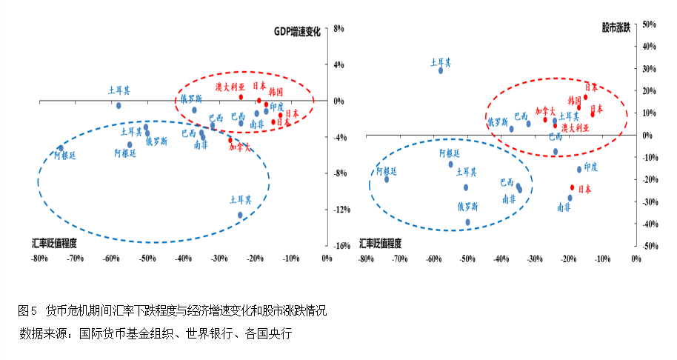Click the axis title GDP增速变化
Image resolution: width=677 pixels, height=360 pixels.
pyautogui.click(x=297, y=32)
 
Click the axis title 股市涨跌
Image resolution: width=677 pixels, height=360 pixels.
pyautogui.click(x=616, y=28)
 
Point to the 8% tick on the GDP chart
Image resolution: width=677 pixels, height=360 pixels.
pyautogui.click(x=340, y=29)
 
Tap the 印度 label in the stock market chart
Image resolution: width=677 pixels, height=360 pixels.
pyautogui.click(x=590, y=167)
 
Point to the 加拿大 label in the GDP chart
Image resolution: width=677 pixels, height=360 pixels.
pyautogui.click(x=241, y=147)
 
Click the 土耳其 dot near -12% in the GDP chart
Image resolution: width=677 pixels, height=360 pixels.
pyautogui.click(x=240, y=215)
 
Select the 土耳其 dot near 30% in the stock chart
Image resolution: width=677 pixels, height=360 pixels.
pyautogui.click(x=441, y=70)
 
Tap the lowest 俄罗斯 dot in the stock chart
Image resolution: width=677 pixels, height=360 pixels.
pyautogui.click(x=467, y=221)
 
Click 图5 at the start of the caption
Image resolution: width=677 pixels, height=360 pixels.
pyautogui.click(x=27, y=310)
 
